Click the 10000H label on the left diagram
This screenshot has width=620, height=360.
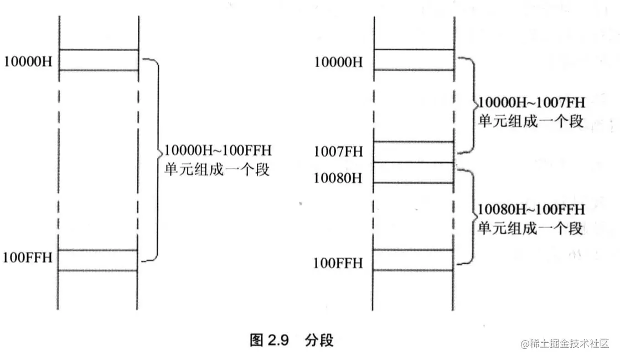tap(28, 61)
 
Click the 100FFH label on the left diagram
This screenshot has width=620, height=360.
tap(28, 257)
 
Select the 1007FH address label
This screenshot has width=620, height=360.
tap(338, 152)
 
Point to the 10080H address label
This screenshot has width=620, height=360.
tap(338, 178)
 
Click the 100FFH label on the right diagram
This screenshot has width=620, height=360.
tap(338, 263)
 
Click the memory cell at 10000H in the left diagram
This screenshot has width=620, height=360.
tap(98, 60)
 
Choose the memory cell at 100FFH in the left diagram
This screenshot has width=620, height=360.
tap(98, 260)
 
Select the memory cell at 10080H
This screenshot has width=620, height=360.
tap(415, 172)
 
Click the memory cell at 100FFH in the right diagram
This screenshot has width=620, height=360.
tap(415, 260)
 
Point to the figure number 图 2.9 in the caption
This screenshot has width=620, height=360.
tap(270, 340)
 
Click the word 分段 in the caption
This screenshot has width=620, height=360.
tap(319, 340)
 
